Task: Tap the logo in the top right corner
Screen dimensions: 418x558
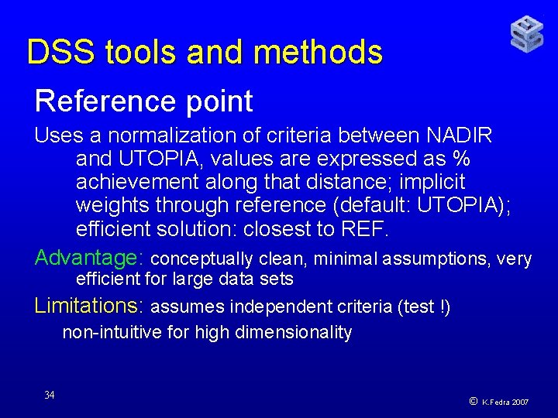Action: (526, 35)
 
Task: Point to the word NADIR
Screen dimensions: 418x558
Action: (460, 135)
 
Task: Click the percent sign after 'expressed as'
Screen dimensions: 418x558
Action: (463, 159)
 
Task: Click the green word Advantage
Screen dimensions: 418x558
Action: (86, 257)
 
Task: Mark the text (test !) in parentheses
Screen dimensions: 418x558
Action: (424, 307)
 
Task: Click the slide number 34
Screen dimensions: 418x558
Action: (50, 396)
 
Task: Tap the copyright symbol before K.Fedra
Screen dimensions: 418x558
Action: (473, 401)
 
